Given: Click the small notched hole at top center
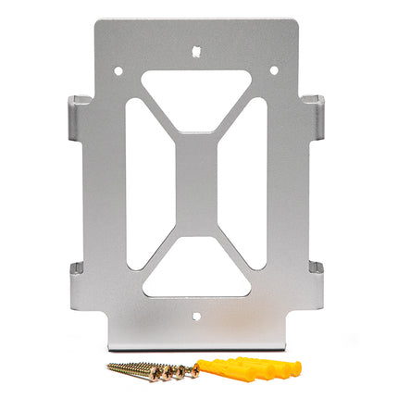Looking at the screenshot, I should pyautogui.click(x=196, y=52).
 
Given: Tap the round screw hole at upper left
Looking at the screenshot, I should pyautogui.click(x=118, y=69).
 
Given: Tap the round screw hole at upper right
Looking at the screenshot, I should pyautogui.click(x=273, y=69).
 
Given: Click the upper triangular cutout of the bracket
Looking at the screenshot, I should pyautogui.click(x=196, y=93).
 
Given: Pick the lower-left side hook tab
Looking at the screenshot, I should pyautogui.click(x=79, y=278).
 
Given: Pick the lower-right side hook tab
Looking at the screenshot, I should pyautogui.click(x=315, y=278).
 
